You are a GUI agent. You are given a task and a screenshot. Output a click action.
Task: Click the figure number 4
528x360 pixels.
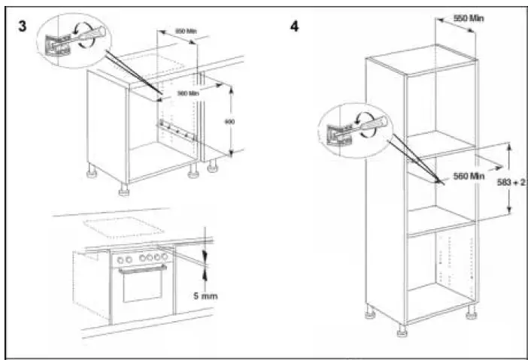pyautogui.click(x=294, y=25)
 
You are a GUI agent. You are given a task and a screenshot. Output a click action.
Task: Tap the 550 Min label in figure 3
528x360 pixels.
pyautogui.click(x=185, y=31)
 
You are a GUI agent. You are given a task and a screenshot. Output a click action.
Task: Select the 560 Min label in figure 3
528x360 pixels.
pyautogui.click(x=187, y=92)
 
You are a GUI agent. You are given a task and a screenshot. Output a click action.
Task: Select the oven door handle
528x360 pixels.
pyautogui.click(x=142, y=273)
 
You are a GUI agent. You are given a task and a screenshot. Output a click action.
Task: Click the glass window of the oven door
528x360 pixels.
pyautogui.click(x=142, y=289)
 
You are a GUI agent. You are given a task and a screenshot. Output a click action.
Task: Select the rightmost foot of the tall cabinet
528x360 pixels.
pyautogui.click(x=471, y=310)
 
